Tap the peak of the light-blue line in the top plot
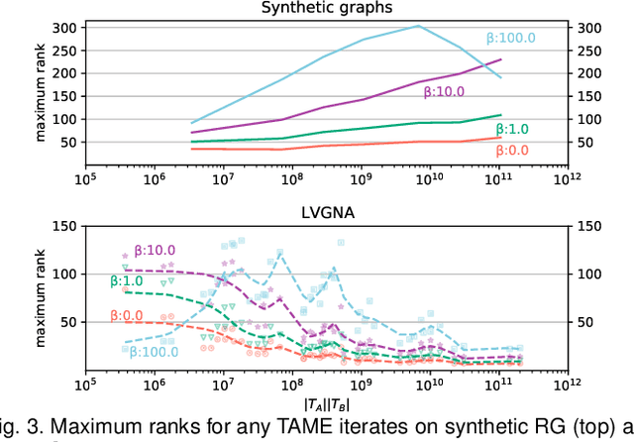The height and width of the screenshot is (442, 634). coord(417,27)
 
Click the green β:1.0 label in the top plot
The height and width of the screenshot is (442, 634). coord(512,129)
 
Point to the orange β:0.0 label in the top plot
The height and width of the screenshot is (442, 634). coord(512,151)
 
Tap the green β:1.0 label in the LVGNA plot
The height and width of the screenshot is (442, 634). coord(127,281)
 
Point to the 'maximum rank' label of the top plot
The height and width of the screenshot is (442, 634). coord(43,89)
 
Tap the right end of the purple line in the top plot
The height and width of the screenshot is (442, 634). coord(500,60)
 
